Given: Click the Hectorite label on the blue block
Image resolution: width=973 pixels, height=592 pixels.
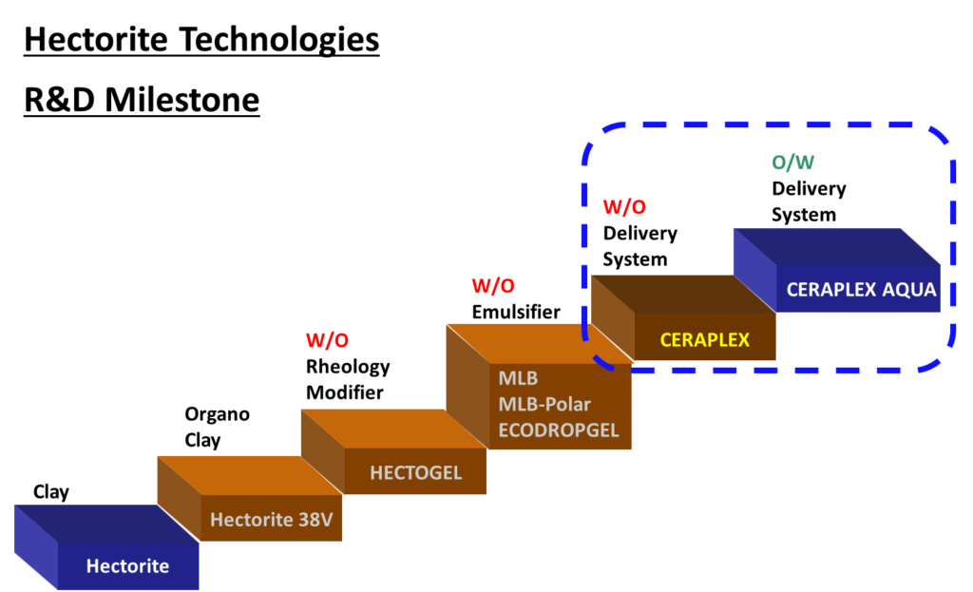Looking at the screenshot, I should click(127, 566).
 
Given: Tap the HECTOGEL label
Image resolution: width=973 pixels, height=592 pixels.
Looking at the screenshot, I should click(415, 472).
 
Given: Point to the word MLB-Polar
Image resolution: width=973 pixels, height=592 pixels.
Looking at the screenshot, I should click(544, 405).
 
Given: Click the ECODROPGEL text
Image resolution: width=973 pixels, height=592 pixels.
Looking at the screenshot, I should click(558, 430).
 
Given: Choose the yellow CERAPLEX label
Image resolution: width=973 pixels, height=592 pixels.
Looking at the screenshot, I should click(704, 339).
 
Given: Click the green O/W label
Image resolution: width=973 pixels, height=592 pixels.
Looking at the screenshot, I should click(793, 162).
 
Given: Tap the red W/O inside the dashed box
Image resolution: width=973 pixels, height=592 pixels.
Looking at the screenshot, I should click(624, 207).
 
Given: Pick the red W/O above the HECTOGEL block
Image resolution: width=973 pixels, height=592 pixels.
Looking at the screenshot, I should click(327, 340).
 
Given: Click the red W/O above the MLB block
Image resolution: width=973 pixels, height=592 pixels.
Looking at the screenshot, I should click(493, 285).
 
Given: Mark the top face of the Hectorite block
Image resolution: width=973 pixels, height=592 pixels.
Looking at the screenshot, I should click(105, 524).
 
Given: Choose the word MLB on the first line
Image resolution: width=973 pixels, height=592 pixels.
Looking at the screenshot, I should click(518, 379).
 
